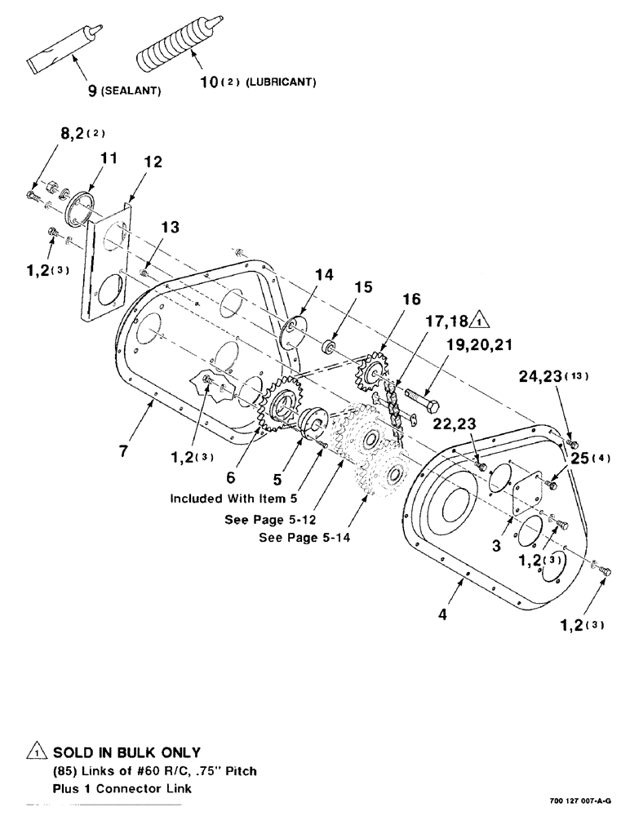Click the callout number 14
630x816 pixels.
tap(323, 276)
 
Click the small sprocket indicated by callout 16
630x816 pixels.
tap(371, 373)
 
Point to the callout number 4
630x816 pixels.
tap(443, 616)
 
